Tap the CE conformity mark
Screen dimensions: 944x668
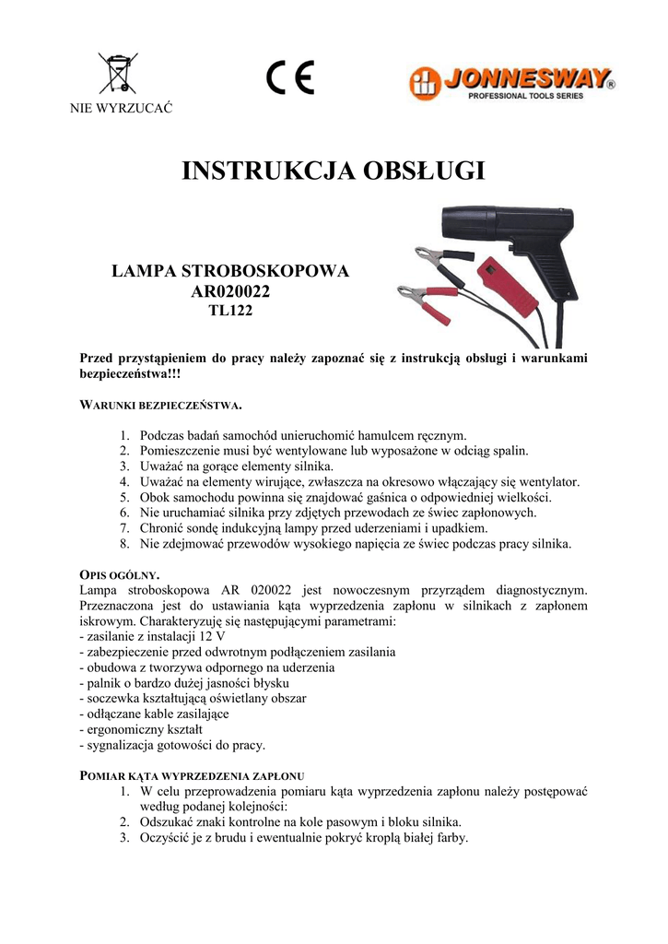(290, 77)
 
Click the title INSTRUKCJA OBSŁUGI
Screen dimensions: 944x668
(334, 172)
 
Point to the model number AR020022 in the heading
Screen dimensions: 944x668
(230, 292)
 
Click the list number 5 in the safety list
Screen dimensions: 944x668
(125, 497)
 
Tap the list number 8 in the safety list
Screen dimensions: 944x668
(125, 544)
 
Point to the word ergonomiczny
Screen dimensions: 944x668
(124, 729)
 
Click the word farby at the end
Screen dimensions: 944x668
(451, 838)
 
